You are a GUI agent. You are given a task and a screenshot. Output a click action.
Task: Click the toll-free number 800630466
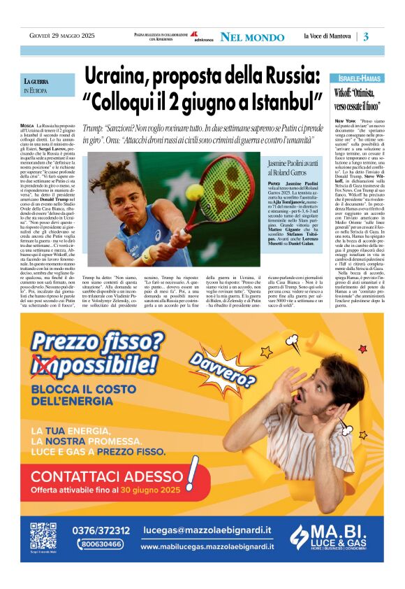click(x=101, y=544)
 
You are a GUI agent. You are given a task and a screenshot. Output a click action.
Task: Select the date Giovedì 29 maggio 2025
click(x=57, y=36)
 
